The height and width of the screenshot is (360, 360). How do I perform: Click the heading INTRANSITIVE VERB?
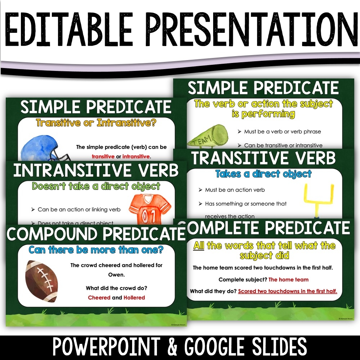(96, 171)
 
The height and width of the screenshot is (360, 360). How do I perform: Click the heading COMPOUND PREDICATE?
(96, 234)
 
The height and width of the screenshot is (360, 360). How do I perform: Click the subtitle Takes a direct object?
(263, 174)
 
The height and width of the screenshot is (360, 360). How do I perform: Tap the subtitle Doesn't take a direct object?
(96, 186)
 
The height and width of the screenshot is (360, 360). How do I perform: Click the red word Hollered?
(134, 298)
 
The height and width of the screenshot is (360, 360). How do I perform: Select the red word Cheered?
(99, 298)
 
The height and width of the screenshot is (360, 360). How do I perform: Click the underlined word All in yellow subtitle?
(199, 246)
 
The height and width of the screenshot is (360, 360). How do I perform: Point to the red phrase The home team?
(288, 279)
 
